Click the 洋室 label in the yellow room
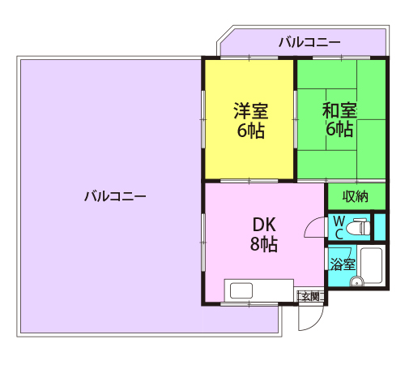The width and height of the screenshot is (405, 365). point(251,110)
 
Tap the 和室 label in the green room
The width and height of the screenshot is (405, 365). point(339,110)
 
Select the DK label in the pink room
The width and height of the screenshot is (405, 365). point(264,225)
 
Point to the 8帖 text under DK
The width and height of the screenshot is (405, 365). point(264,244)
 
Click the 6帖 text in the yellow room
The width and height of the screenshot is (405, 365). point(251,131)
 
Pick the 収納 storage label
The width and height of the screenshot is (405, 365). point(355,196)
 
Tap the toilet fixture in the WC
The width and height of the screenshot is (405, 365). point(358,228)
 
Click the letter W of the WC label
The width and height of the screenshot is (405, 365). point(339,221)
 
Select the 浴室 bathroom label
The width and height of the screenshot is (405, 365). point(343,264)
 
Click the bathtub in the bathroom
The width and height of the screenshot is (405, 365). point(371,264)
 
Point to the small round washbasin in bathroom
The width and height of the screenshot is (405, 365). point(357,282)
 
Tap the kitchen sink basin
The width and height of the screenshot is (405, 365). point(241,290)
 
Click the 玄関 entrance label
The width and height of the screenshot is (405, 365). point(311,296)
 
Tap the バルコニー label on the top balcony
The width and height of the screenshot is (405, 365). point(309,42)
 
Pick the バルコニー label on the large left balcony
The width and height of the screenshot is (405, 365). point(115,196)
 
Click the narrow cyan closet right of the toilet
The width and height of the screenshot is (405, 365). point(380,227)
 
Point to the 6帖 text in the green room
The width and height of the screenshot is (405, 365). point(339,129)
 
